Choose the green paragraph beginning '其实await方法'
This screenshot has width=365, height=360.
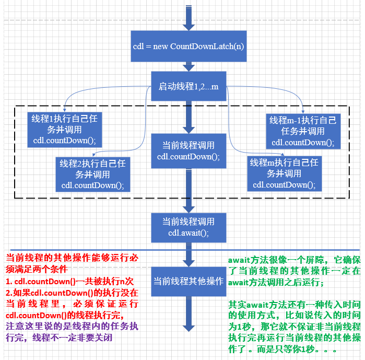294,327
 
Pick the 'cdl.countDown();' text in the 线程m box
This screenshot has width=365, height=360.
284,184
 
